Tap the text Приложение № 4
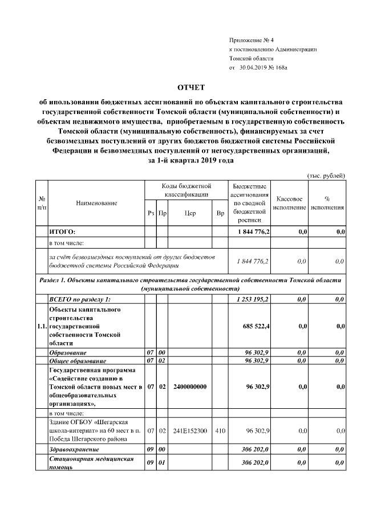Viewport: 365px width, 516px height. [x=252, y=40]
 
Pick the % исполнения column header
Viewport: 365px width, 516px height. [x=327, y=203]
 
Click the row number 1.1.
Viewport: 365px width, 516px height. [x=42, y=326]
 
